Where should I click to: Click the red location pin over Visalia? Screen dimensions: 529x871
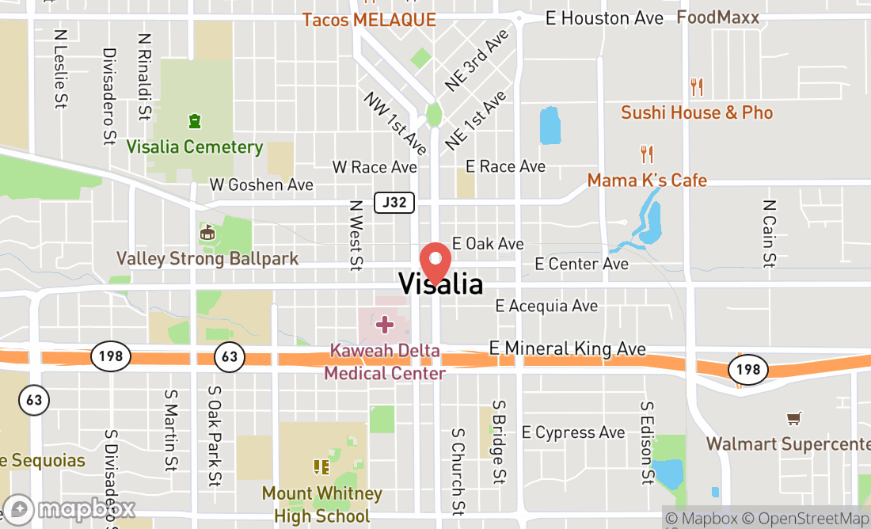coord(435,260)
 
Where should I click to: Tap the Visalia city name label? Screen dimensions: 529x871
coord(440,284)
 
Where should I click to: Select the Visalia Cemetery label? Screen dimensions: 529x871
coord(195,147)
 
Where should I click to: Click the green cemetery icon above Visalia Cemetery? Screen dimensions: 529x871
coord(194,122)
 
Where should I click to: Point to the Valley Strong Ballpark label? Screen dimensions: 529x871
coord(207,258)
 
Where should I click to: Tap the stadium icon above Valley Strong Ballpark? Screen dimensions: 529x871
coord(207,233)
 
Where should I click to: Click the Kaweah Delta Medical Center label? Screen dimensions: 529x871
coord(385,361)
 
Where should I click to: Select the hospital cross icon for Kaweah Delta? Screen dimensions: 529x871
coord(385,324)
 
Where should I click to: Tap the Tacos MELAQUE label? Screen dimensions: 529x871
coord(369,20)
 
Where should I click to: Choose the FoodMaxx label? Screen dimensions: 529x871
coord(717,17)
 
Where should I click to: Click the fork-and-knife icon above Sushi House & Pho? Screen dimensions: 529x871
coord(697,86)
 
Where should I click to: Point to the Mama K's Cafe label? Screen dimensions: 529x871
coord(647,181)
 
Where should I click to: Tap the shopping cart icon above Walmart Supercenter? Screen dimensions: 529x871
coord(793,418)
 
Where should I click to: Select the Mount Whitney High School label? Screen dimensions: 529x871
coord(321,504)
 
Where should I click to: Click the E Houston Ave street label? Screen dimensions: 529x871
coord(605,18)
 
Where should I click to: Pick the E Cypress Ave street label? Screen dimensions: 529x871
coord(573,432)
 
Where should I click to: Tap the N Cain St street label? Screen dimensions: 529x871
coord(768,233)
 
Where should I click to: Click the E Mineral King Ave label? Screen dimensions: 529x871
coord(568,348)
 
